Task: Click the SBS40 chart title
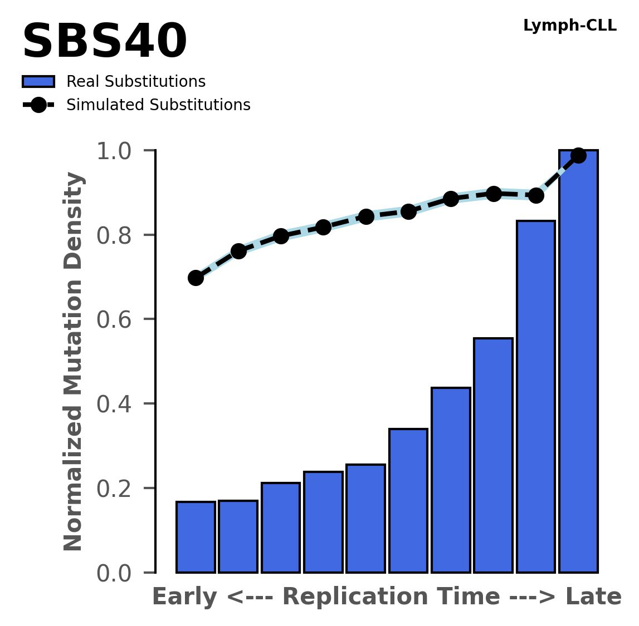coord(104,42)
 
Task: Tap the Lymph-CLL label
coord(569,26)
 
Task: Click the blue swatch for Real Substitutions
coord(38,82)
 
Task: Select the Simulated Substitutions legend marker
coord(38,105)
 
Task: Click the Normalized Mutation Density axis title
coord(74,362)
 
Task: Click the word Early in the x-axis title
coord(184,597)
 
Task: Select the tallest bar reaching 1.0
coord(578,362)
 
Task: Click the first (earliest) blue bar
coord(196,537)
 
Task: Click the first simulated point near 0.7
coord(196,278)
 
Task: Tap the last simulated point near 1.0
coord(578,155)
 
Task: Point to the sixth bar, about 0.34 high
coord(408,500)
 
